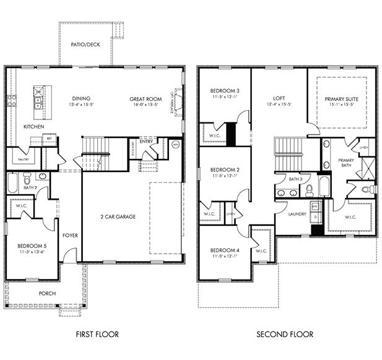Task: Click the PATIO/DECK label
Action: (x=85, y=45)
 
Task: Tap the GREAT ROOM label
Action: (x=145, y=99)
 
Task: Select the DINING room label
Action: (x=81, y=99)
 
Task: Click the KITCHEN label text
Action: (x=33, y=126)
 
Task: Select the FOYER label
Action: (x=70, y=235)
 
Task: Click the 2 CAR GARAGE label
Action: (x=117, y=216)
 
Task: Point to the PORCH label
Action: (x=47, y=293)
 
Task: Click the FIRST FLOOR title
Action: (x=97, y=335)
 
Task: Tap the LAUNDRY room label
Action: (x=289, y=214)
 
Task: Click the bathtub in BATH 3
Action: (x=324, y=185)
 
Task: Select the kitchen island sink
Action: (x=38, y=102)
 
